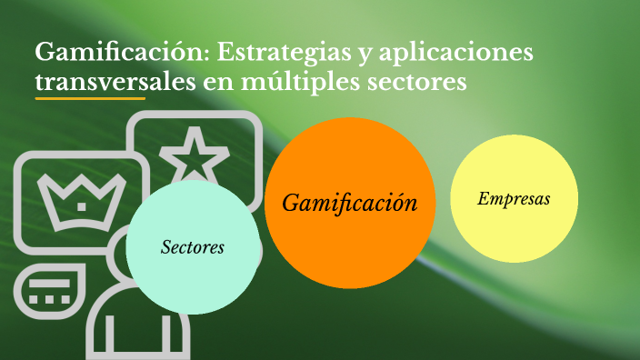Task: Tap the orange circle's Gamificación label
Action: click(x=350, y=203)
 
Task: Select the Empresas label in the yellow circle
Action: click(x=514, y=198)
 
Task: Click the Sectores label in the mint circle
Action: click(x=192, y=246)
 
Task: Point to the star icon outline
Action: click(x=193, y=155)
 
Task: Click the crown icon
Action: click(x=80, y=197)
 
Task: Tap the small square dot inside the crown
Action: click(x=82, y=206)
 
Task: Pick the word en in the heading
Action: click(x=225, y=83)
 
